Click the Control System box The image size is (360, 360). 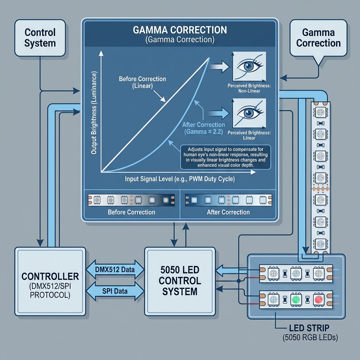tap(40, 38)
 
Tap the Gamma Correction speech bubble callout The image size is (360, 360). tap(319, 38)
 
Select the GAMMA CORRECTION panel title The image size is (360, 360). tap(180, 30)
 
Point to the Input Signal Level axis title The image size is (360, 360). tap(180, 179)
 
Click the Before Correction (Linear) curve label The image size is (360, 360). tap(142, 83)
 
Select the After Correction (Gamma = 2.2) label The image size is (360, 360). tap(204, 128)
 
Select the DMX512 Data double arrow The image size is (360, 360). tap(115, 270)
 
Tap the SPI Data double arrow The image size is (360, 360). tap(115, 291)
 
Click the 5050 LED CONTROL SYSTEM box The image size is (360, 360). tap(180, 281)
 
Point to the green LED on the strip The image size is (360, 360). tap(296, 300)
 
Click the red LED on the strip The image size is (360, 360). tap(318, 300)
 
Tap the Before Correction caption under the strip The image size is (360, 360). tap(131, 212)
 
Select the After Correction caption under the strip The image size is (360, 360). tap(228, 212)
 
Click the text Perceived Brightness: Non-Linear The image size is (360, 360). tap(249, 88)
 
